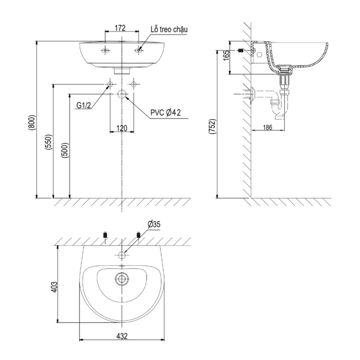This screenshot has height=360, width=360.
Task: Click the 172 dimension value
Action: (x=120, y=28)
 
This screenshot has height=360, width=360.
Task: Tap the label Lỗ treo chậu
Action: (x=169, y=30)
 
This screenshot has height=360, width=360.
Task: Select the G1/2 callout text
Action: (x=83, y=105)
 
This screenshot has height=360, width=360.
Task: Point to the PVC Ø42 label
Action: (x=166, y=113)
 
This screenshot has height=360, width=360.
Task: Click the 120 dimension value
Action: (x=122, y=128)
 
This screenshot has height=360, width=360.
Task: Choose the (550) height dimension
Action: (x=49, y=142)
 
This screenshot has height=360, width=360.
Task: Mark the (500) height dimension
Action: (x=65, y=150)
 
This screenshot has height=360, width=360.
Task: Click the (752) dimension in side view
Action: (x=212, y=127)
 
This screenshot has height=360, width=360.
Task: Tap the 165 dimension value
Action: (x=226, y=55)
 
